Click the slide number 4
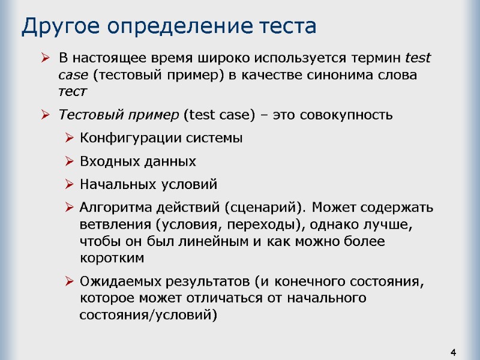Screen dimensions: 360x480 (454, 351)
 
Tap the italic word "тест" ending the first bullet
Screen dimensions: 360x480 (73, 92)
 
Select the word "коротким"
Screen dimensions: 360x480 (112, 259)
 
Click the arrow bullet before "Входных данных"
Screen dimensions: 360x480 (70, 162)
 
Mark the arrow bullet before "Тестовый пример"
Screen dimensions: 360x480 (46, 115)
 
